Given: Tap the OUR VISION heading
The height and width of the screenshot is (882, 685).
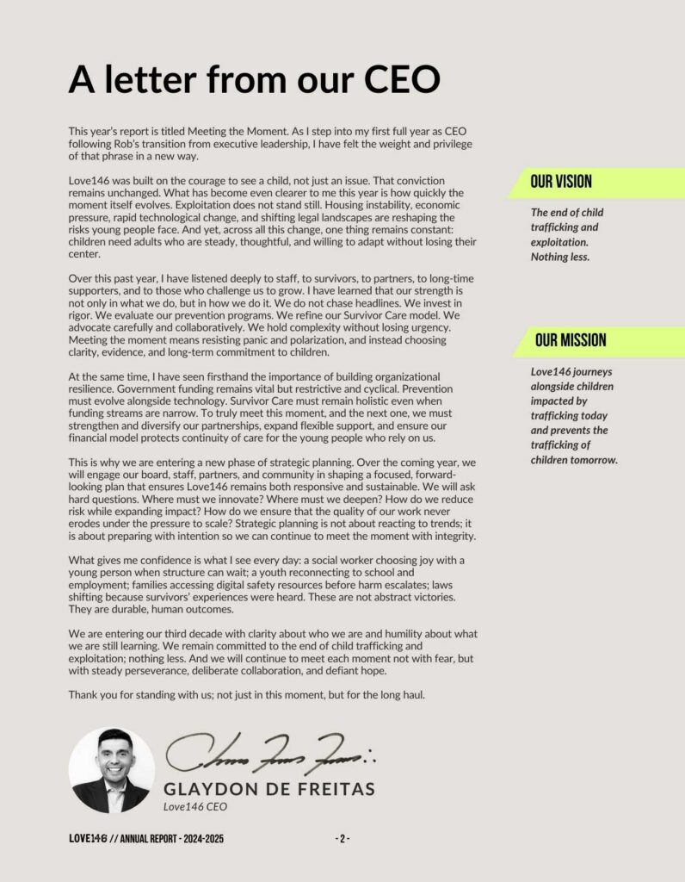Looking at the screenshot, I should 561,182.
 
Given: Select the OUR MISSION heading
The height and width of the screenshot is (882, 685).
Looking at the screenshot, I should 570,340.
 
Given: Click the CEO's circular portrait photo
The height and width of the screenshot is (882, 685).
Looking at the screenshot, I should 111,771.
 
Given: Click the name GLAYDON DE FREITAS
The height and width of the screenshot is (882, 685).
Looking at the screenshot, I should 268,789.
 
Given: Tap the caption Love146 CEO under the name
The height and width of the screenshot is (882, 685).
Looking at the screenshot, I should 194,807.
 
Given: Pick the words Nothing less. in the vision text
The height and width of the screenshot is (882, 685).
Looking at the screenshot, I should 560,257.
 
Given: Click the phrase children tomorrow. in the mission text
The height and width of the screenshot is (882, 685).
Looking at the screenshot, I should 574,460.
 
